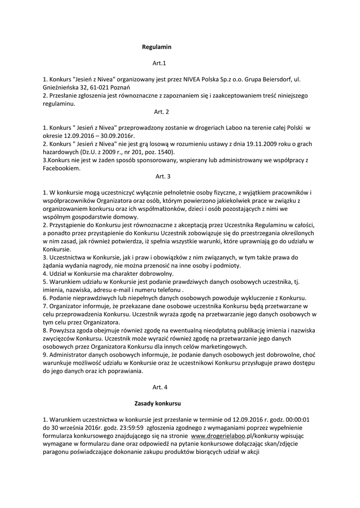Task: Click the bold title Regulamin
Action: coord(156,47)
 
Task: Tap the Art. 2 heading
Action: coord(162,112)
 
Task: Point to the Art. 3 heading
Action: coord(163,176)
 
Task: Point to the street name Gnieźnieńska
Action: coord(62,87)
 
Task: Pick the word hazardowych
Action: coord(61,152)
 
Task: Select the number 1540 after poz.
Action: coord(167,152)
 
